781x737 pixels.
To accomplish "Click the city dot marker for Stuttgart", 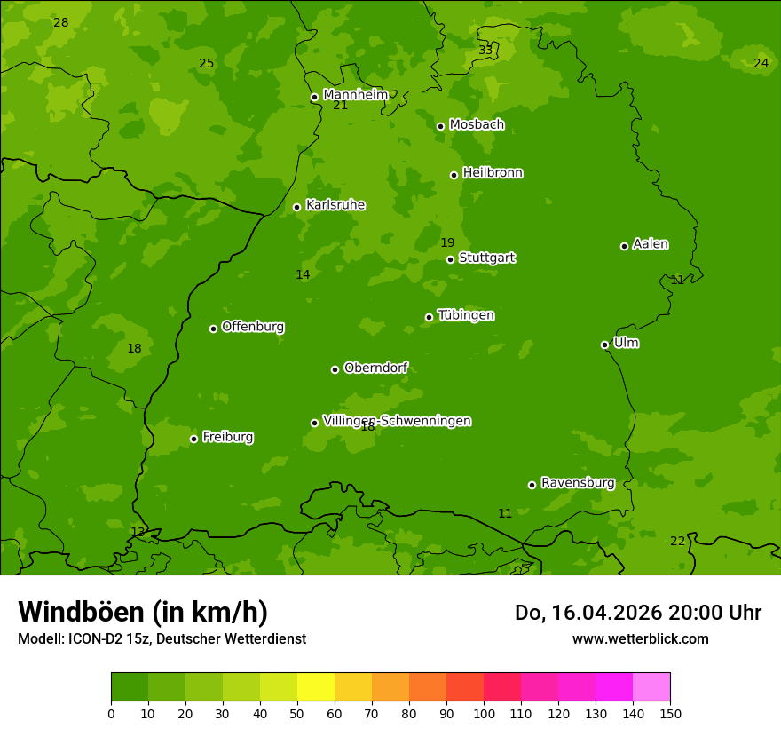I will (450, 259).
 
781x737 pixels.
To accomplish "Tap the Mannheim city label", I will (355, 95).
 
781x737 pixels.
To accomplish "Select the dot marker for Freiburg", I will (193, 439).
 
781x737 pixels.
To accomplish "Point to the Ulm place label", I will (626, 343).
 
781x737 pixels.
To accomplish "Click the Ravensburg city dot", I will (532, 485).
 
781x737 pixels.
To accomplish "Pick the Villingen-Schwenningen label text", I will (397, 421).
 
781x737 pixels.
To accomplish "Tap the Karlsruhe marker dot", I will (296, 207).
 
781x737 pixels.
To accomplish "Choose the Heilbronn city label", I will (493, 173).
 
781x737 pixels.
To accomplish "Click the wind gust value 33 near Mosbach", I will (485, 50).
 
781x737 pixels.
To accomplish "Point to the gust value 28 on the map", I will (60, 22).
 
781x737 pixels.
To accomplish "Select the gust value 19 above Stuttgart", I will (447, 242).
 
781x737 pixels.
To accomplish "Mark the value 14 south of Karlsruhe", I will (303, 274).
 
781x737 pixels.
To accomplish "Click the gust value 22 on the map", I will (677, 541).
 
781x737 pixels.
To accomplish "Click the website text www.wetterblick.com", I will (640, 638).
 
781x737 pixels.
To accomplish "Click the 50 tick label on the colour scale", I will (297, 713).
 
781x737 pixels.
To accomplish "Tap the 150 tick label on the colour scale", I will (670, 713).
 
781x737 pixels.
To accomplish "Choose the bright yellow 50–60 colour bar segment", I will (316, 687).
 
